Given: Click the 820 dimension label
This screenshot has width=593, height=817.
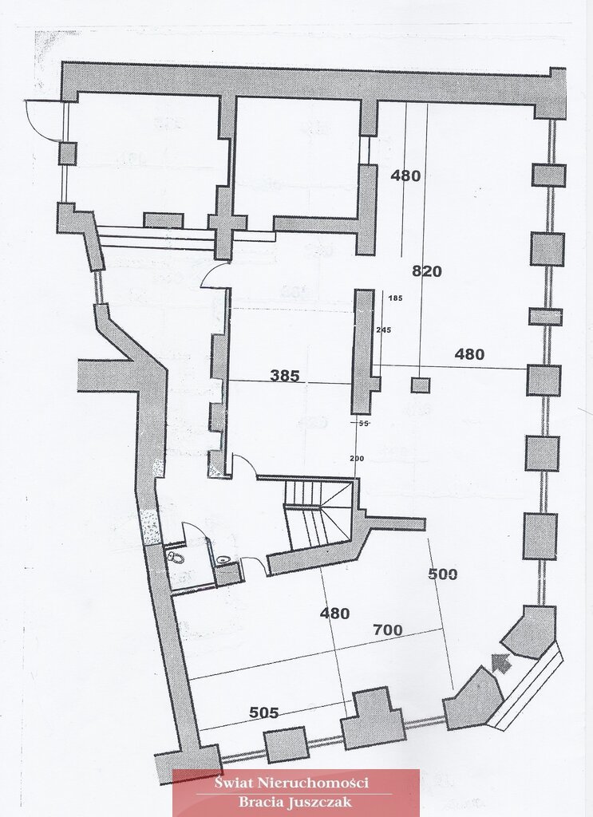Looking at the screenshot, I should (x=426, y=271).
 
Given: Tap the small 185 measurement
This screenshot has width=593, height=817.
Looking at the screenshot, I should (x=395, y=298).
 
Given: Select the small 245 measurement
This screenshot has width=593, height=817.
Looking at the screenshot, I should (x=385, y=329).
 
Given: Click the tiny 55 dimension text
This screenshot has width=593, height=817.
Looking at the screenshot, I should (x=363, y=424).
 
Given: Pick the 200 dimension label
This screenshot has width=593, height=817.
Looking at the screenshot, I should (x=357, y=458).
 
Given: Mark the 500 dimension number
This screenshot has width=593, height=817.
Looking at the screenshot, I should (x=442, y=574).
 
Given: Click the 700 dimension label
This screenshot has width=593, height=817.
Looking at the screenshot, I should (x=388, y=630).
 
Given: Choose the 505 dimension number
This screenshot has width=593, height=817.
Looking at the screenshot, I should (x=263, y=712).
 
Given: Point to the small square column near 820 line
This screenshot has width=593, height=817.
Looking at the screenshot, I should (x=420, y=385).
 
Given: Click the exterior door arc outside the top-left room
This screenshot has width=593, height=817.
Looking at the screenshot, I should (x=42, y=120).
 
